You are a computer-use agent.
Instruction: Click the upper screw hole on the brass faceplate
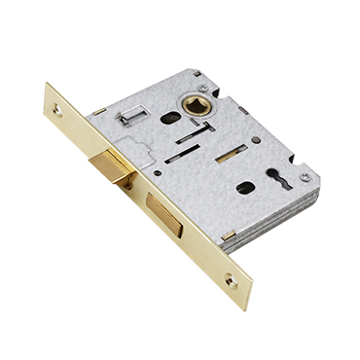coord(55,110)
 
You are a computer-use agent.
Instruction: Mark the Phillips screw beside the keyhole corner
coord(305,177)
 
